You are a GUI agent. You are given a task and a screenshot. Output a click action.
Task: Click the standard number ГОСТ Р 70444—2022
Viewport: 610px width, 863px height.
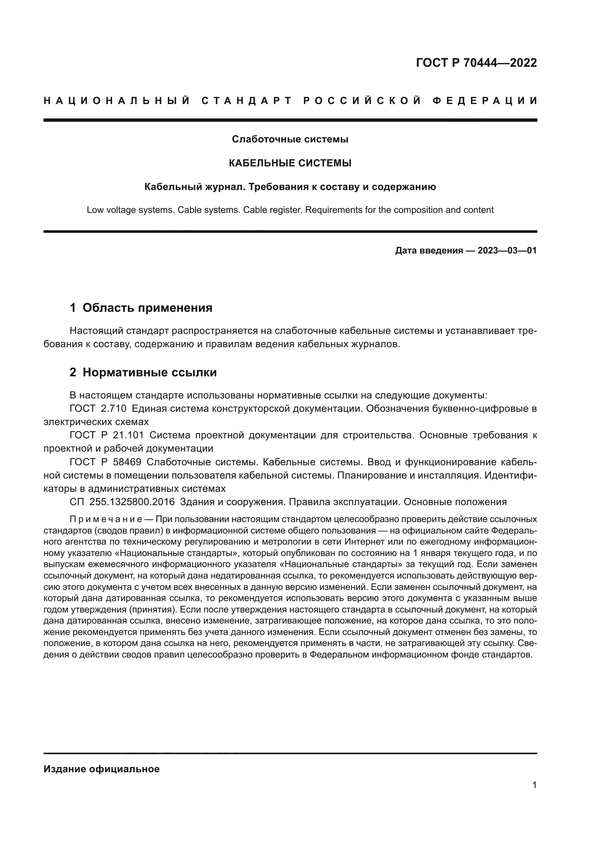(x=476, y=63)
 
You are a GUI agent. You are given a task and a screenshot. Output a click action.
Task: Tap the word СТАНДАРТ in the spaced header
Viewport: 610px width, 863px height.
(x=247, y=101)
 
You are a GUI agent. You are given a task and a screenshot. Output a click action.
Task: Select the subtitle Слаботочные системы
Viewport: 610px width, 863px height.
(x=290, y=139)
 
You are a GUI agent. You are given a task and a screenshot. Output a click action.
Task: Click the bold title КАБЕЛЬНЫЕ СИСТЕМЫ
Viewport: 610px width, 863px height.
(x=290, y=163)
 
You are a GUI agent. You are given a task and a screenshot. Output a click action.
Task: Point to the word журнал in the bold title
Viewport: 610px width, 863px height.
(x=222, y=187)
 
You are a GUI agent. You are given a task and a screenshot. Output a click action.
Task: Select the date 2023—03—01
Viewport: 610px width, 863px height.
(x=507, y=251)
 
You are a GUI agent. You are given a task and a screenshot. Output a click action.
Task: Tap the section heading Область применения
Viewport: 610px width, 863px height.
(x=147, y=308)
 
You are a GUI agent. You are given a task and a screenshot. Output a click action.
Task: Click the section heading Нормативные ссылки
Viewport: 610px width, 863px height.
(x=149, y=373)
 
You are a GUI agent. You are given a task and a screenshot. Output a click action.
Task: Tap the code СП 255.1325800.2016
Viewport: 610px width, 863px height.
(x=122, y=502)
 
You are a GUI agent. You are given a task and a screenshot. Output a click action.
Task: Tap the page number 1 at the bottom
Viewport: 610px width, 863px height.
(x=534, y=785)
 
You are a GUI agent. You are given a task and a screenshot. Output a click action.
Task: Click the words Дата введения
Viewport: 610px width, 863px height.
(x=429, y=251)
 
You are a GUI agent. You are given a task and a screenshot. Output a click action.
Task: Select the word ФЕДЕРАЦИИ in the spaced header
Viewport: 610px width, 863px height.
(x=485, y=101)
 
